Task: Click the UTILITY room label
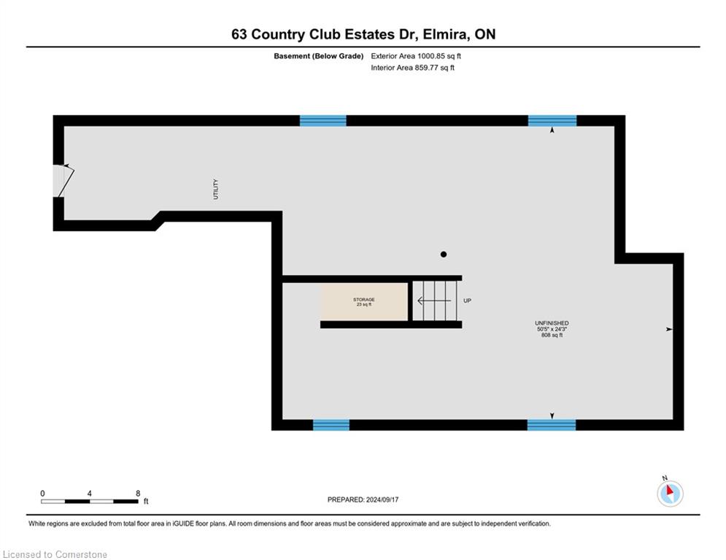(x=215, y=189)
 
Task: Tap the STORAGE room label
(x=364, y=300)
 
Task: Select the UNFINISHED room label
(x=552, y=323)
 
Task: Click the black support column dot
(x=444, y=254)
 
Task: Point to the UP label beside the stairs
(x=467, y=300)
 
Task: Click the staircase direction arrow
(x=434, y=301)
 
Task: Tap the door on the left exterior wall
(x=63, y=181)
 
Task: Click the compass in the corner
(x=670, y=493)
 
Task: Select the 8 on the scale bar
(x=138, y=494)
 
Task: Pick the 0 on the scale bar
(x=42, y=494)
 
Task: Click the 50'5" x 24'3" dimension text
(x=552, y=329)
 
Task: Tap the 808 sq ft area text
(x=552, y=335)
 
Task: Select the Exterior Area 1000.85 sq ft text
(x=416, y=56)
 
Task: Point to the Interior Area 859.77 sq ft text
(x=412, y=68)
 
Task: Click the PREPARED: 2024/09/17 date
(x=363, y=499)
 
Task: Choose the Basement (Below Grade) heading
(x=319, y=56)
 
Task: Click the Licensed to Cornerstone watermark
(x=55, y=554)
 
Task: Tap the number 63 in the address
(x=239, y=34)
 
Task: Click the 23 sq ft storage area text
(x=364, y=305)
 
